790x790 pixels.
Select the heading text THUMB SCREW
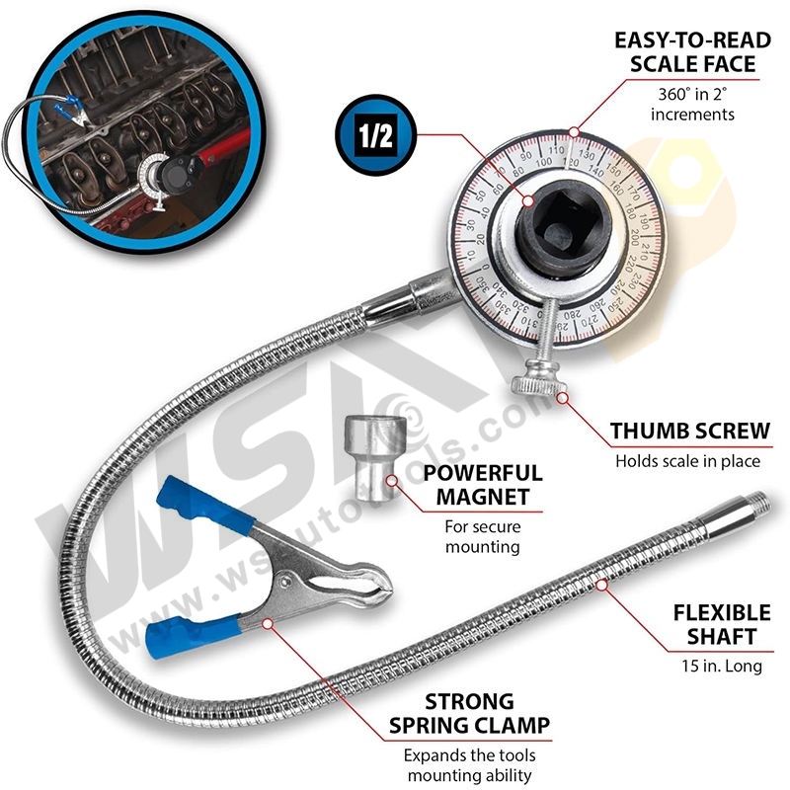(x=689, y=433)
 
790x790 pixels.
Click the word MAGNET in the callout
(x=483, y=497)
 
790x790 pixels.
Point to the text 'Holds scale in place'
(x=688, y=460)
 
